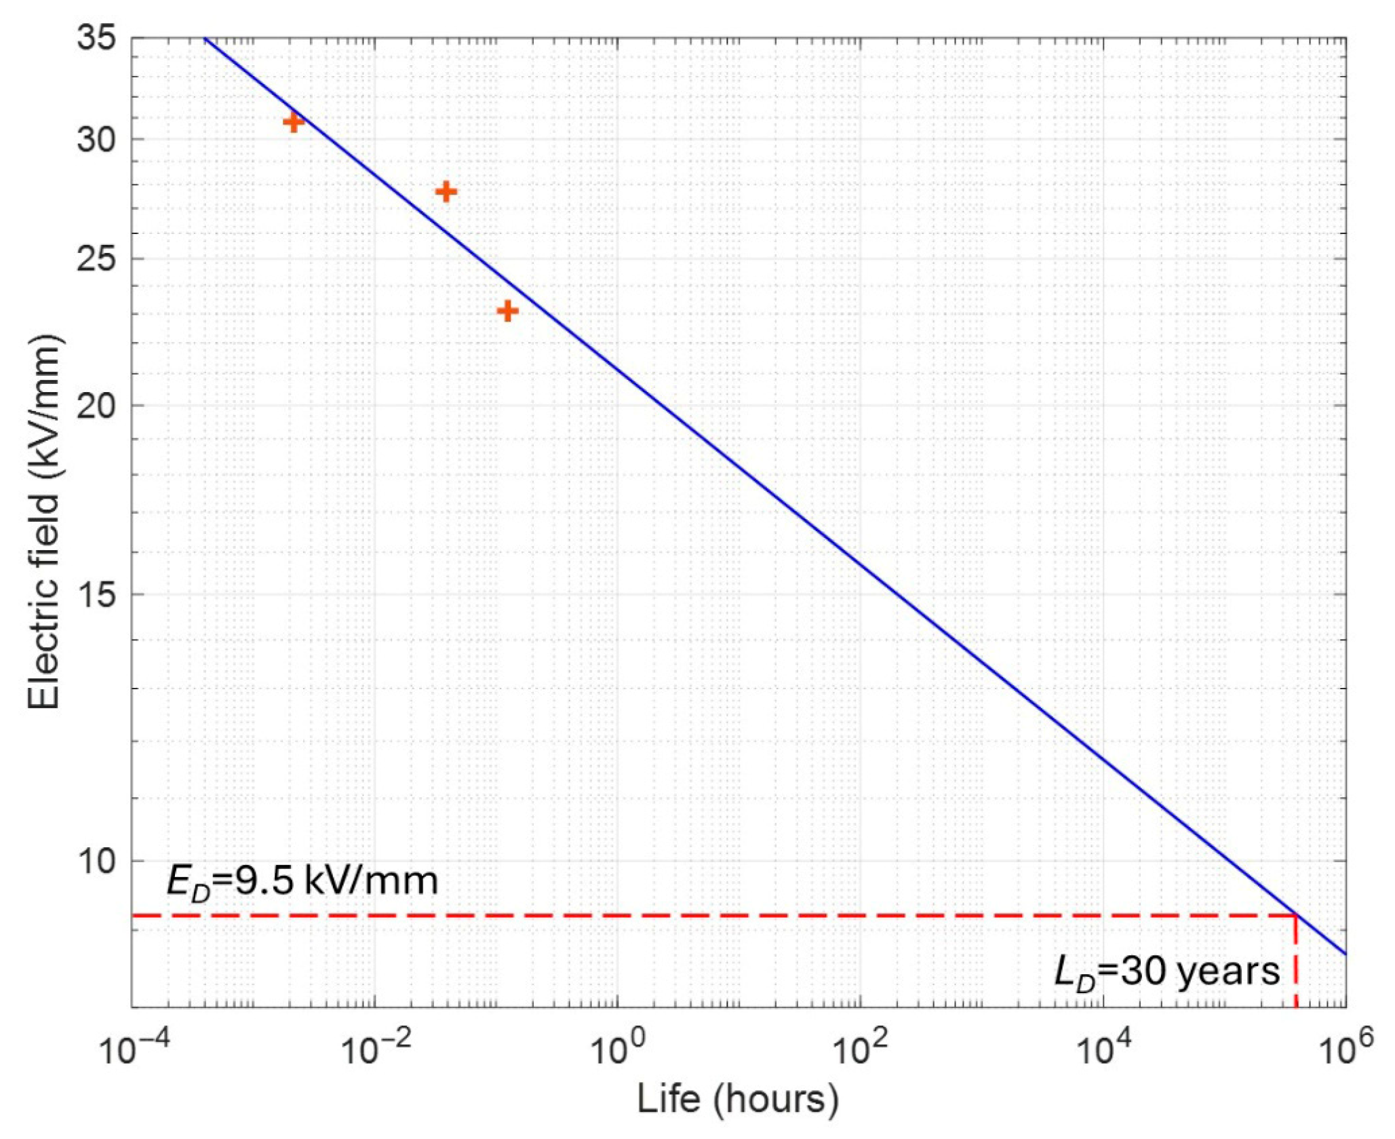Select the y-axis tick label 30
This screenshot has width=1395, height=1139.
pos(95,139)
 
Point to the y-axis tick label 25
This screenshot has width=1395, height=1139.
pos(95,258)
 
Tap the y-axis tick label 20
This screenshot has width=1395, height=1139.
pos(95,406)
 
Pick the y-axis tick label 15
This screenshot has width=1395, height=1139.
pos(95,594)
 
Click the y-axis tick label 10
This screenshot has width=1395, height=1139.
pos(95,861)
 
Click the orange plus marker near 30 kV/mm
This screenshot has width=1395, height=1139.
pos(293,122)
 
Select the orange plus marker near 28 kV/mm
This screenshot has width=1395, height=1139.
pos(446,192)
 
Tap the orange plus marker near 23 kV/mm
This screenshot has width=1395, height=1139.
pos(507,311)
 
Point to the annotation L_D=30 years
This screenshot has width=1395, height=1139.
pos(1166,972)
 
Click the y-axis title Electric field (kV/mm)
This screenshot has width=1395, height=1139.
pos(44,522)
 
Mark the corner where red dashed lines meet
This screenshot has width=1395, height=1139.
pos(1296,916)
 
